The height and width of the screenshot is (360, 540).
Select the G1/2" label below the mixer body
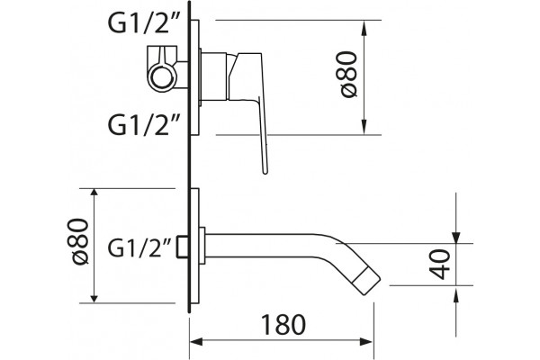click(144, 125)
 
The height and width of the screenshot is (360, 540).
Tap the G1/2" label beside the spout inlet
click(139, 247)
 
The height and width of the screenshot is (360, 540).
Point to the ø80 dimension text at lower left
click(80, 241)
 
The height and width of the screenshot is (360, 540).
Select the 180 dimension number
click(283, 325)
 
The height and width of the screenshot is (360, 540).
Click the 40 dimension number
click(440, 265)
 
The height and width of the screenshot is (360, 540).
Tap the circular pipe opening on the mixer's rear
click(161, 76)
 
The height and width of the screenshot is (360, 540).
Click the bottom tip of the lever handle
click(265, 172)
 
